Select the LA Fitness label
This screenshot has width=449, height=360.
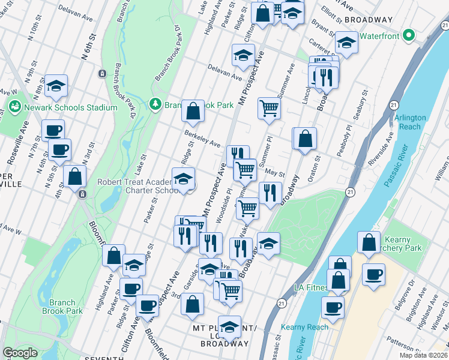[x=309, y=287]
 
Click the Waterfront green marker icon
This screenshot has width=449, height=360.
[x=410, y=35]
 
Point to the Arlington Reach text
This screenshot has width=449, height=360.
[x=411, y=122]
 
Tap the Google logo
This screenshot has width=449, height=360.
[x=20, y=353]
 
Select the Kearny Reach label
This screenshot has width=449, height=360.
[x=310, y=327]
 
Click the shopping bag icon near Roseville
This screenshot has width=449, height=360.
[x=76, y=178]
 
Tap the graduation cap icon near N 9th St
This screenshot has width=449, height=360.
[x=56, y=88]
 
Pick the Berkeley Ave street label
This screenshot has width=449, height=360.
[x=202, y=139]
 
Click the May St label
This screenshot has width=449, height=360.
[x=274, y=173]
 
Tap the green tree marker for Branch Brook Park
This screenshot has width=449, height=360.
[x=155, y=104]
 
